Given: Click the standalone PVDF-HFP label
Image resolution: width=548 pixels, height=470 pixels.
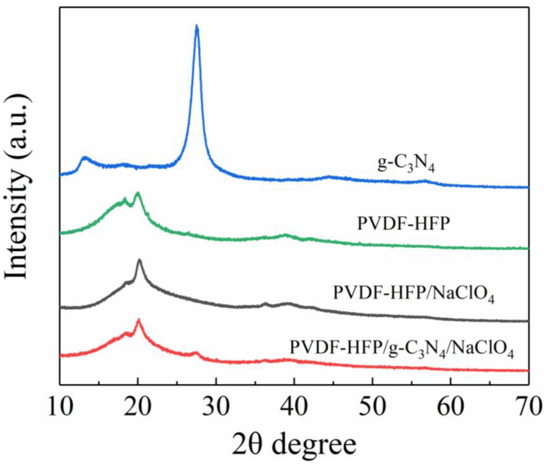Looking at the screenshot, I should click(x=404, y=224).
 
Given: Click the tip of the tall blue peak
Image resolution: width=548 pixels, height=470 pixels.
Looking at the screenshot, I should click(x=197, y=26).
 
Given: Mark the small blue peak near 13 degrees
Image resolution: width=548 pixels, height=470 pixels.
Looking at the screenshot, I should click(x=84, y=158).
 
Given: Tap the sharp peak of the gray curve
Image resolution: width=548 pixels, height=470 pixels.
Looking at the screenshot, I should click(x=139, y=260).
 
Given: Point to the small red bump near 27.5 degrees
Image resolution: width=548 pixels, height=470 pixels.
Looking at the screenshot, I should click(x=196, y=353).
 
